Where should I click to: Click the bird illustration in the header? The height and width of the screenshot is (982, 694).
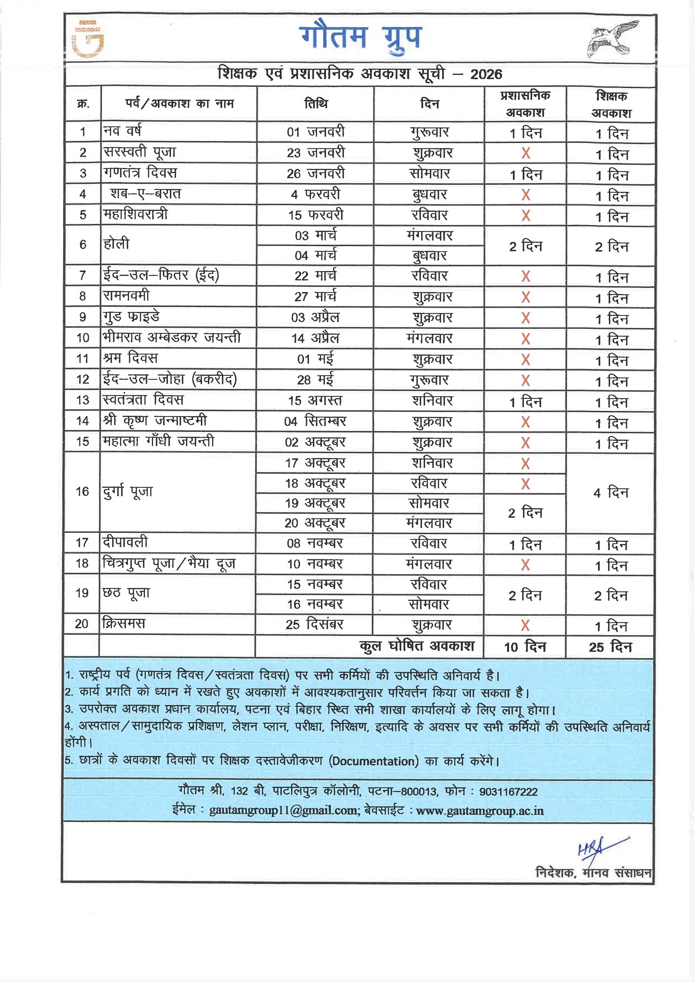coord(612,39)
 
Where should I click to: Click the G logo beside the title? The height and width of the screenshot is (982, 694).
coord(88,39)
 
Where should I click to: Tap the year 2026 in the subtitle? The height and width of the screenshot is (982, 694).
coord(486,74)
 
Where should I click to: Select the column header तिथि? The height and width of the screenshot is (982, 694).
coord(316,104)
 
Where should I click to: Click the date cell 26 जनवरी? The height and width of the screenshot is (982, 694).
coord(315,174)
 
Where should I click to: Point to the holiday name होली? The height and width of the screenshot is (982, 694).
coord(116,244)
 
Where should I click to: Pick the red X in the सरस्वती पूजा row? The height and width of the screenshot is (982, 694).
coord(526,153)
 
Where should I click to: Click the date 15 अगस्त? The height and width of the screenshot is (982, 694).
coord(315,401)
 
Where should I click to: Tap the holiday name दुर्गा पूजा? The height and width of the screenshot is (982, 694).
coord(128,492)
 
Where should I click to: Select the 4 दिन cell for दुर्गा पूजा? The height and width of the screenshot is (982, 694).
coord(611,493)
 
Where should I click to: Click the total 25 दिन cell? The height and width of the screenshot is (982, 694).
coord(610,647)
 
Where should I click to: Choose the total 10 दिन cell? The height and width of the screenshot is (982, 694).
coord(525,647)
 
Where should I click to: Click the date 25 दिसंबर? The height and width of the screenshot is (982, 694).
coord(314,624)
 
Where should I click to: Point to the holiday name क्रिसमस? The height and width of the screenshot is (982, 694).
coord(124,624)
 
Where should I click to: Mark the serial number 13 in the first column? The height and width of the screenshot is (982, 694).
coord(82,400)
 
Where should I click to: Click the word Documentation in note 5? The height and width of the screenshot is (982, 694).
coord(373,762)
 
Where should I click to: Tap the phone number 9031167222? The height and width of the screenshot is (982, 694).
coord(508,792)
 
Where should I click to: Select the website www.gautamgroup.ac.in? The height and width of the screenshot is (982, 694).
coord(480,811)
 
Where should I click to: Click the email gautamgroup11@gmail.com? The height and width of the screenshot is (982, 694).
coord(284,811)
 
